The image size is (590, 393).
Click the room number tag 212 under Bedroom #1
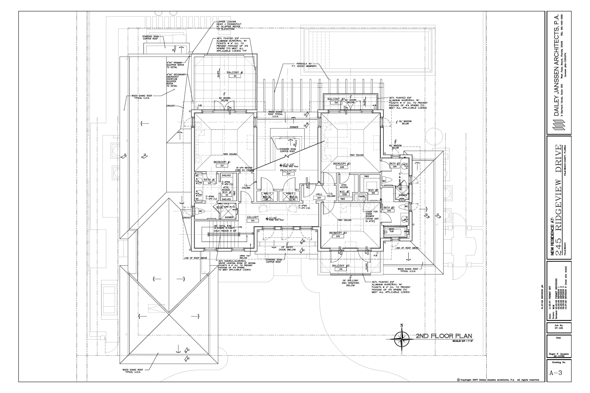222,165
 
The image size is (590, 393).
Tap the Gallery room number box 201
252,220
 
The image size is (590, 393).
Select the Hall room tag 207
319,198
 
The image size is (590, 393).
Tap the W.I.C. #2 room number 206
344,195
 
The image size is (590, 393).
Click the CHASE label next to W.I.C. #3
361,196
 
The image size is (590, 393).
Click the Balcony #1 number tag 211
235,76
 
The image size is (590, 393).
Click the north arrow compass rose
402,339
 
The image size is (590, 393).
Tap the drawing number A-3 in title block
555,380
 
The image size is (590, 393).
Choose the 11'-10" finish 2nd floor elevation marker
267,219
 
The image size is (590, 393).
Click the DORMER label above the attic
294,127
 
